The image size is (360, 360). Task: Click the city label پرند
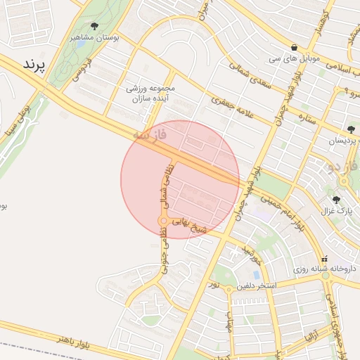point(34,65)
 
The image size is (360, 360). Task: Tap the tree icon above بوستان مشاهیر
point(95,26)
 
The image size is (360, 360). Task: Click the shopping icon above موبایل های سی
point(293,48)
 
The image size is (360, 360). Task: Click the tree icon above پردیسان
point(350,129)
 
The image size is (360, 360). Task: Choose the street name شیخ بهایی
point(191,229)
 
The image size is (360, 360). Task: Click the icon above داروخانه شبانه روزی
point(325,259)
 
